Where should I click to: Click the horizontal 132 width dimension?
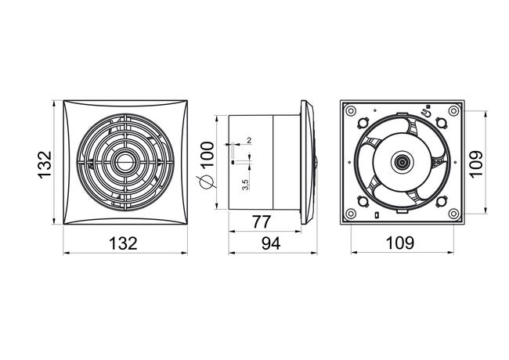click(123, 243)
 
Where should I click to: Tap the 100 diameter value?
click(208, 154)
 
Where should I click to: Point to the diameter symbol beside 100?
click(207, 181)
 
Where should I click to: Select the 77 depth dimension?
click(262, 222)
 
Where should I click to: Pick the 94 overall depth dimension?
click(271, 243)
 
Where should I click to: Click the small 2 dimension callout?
click(249, 140)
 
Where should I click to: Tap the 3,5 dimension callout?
click(245, 185)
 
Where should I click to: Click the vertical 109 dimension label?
click(476, 164)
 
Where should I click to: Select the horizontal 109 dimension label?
click(399, 243)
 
